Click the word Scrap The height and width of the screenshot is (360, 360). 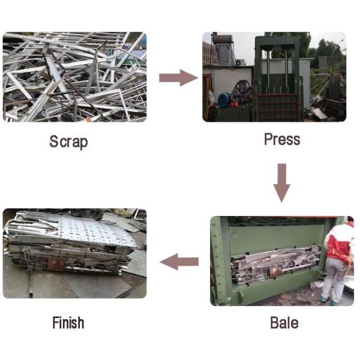pyautogui.click(x=68, y=142)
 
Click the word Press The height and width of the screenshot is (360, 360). pyautogui.click(x=281, y=140)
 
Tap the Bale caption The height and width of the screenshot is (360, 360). pyautogui.click(x=284, y=323)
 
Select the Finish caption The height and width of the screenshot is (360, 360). pyautogui.click(x=68, y=323)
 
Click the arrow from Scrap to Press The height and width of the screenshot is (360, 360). pyautogui.click(x=178, y=77)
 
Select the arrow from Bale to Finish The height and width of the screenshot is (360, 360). pyautogui.click(x=179, y=261)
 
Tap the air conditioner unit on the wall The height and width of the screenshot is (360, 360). pyautogui.click(x=240, y=62)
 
